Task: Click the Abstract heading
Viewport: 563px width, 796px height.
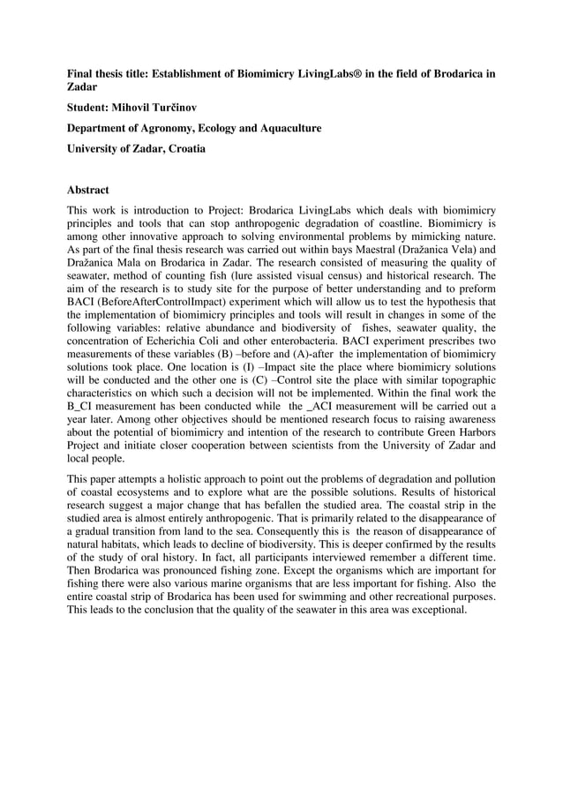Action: click(92, 188)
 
